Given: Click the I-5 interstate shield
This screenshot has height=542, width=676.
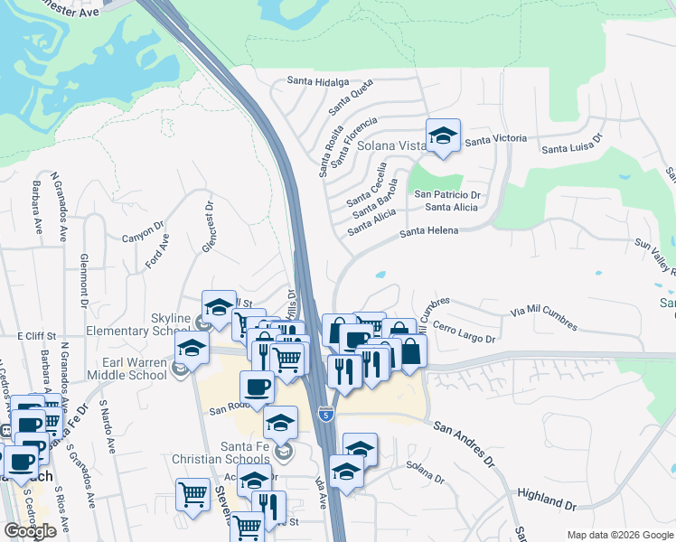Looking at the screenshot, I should click(x=326, y=414).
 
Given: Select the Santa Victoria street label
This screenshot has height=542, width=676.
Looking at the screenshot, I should click(x=495, y=138).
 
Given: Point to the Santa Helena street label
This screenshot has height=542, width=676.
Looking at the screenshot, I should click(x=429, y=231).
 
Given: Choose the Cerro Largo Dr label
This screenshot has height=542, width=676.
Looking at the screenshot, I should click(x=464, y=332).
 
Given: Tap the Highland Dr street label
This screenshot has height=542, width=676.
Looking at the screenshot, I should click(x=547, y=493).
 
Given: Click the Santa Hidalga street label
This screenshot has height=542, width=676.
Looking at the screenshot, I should click(x=317, y=81).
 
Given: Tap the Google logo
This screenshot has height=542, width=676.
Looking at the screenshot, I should click(x=30, y=530).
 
